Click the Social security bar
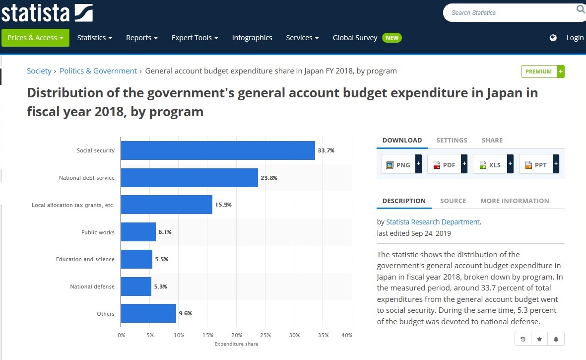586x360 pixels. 218,150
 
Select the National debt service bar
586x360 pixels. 190,178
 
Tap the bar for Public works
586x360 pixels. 138,232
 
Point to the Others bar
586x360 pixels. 148,313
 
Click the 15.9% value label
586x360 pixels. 223,205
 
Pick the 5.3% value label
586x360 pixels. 161,287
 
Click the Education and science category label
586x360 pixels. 85,259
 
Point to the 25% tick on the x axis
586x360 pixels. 265,335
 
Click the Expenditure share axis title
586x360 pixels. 236,344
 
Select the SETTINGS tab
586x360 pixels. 452,140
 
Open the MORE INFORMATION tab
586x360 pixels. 515,201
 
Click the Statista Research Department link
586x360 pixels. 433,221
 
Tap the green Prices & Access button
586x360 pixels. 36,38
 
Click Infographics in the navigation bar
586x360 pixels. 252,38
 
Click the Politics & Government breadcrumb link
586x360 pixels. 98,71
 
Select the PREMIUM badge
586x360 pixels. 543,72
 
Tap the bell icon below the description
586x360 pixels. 556,339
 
